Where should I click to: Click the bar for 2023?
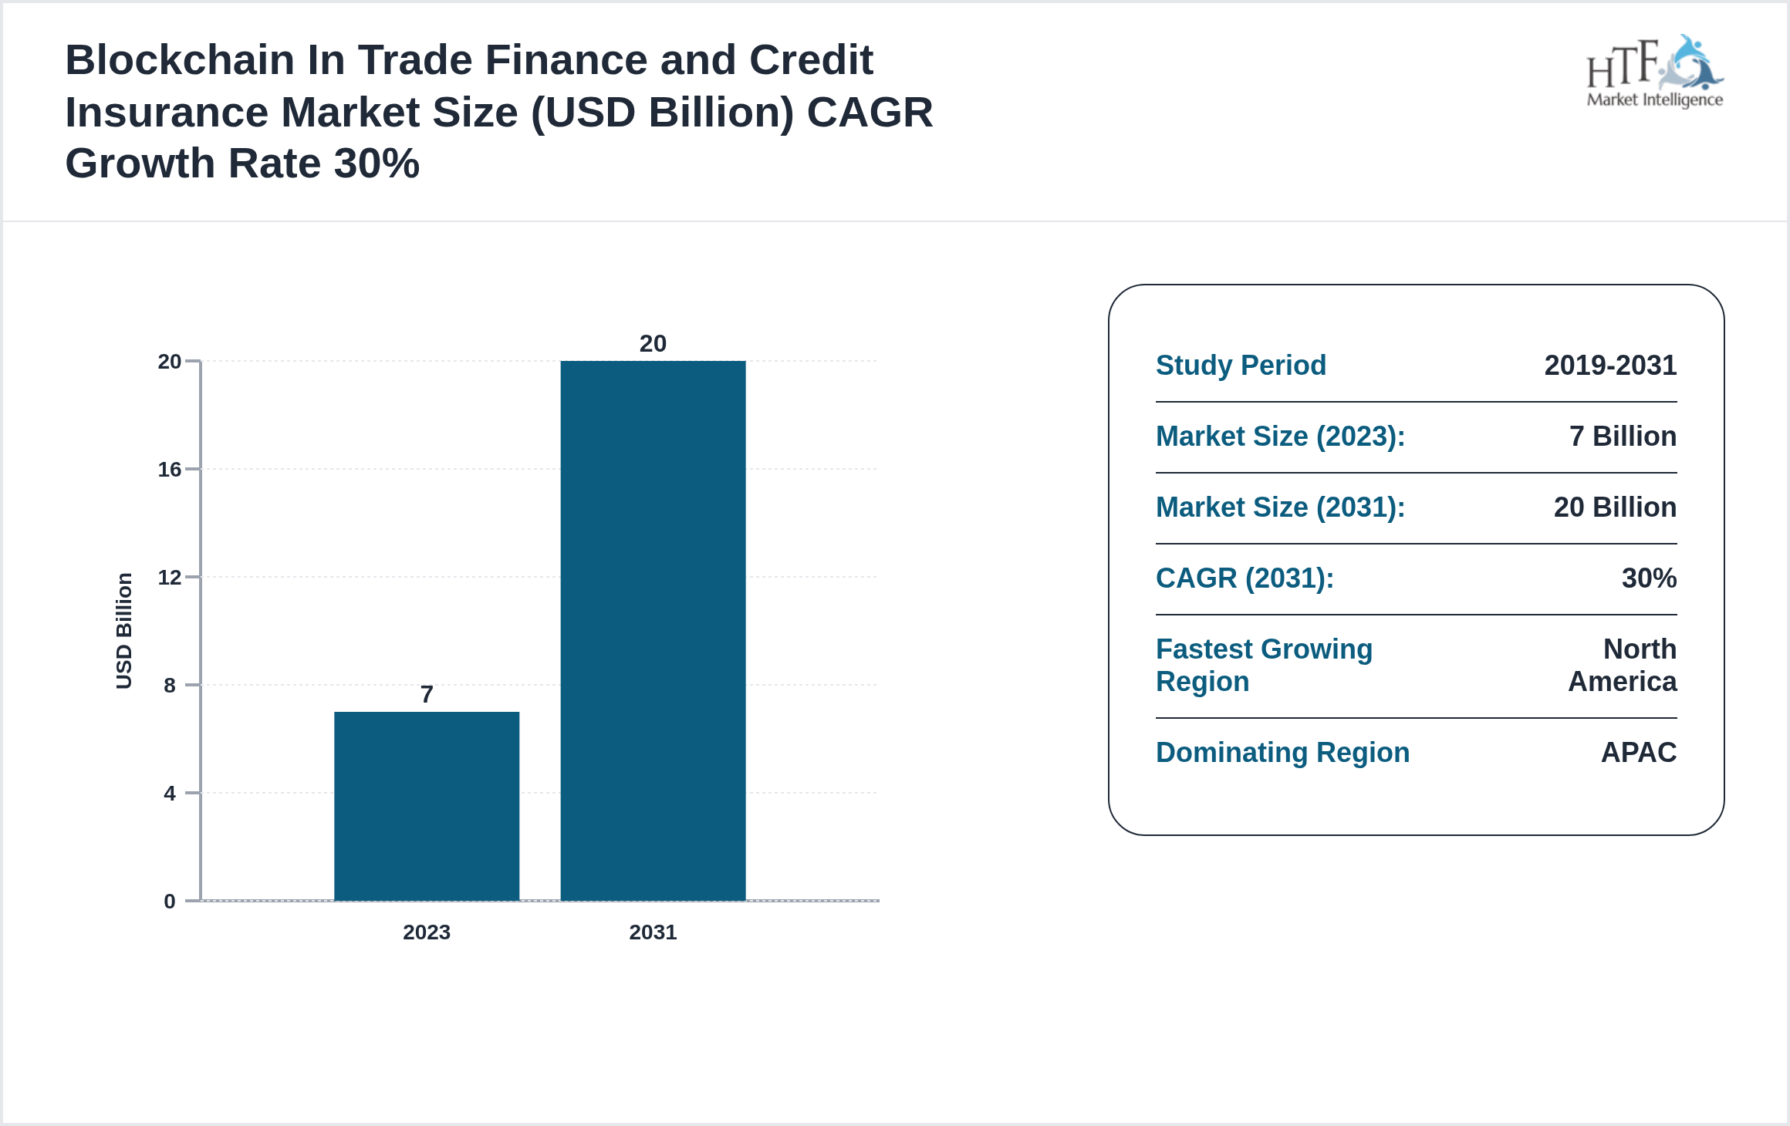(x=427, y=805)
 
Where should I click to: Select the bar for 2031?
(x=653, y=629)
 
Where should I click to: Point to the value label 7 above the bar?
(x=427, y=694)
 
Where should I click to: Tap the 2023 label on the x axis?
(x=427, y=932)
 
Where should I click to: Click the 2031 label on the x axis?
(x=653, y=932)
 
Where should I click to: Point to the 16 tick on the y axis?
(x=170, y=469)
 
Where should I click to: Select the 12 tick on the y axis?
(x=170, y=577)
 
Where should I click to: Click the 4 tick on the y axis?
(x=170, y=793)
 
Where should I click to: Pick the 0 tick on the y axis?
(x=170, y=901)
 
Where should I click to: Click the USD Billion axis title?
(x=124, y=630)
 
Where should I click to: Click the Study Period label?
(x=1241, y=366)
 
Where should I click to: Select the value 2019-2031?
(x=1610, y=366)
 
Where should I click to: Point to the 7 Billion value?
(x=1623, y=437)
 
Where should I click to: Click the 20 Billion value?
(x=1615, y=507)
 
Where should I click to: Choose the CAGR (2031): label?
(x=1245, y=578)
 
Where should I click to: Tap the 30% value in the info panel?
(x=1649, y=578)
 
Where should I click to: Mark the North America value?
(x=1623, y=665)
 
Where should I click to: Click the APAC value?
(x=1639, y=753)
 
